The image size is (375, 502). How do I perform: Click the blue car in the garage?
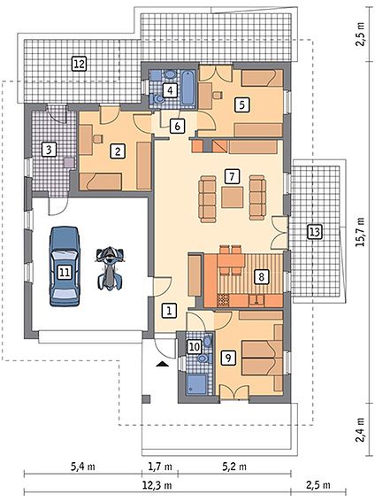pos(65,266)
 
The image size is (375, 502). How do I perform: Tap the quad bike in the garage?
pos(110,268)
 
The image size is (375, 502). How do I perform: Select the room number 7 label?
pos(232,176)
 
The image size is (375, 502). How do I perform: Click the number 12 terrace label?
pos(79,64)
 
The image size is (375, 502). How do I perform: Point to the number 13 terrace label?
pos(315,231)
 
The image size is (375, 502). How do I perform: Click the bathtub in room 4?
pos(187,87)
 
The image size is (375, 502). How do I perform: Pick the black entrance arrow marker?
pos(163,363)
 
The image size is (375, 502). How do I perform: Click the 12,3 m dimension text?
pos(157,485)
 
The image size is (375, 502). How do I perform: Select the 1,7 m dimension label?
pos(160,467)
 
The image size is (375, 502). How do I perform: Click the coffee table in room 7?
pos(233,197)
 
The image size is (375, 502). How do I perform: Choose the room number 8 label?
pos(261,277)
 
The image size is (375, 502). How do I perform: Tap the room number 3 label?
pos(49,150)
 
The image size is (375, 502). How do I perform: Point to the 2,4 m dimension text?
pos(361,429)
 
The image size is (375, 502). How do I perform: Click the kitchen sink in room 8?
pos(256,300)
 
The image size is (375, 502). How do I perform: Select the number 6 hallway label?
pos(177,126)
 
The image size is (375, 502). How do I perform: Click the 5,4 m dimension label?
pos(83,467)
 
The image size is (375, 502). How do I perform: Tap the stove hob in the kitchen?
pos(223,300)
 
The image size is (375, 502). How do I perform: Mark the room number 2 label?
pos(118,151)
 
